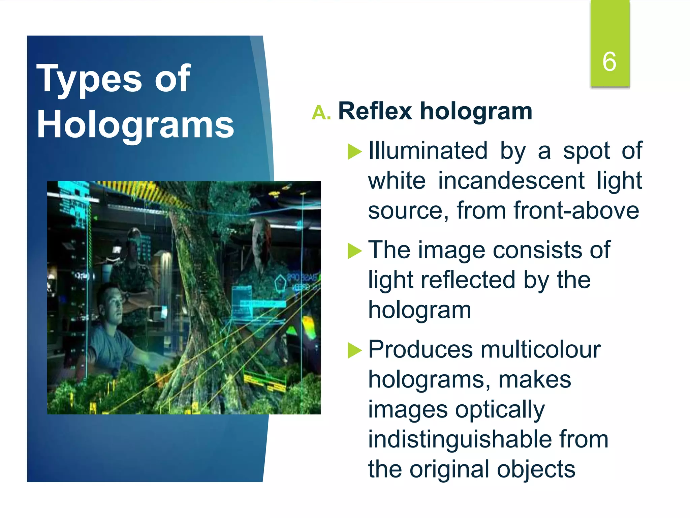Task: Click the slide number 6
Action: (609, 62)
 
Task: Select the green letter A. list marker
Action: (321, 113)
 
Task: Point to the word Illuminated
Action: (428, 150)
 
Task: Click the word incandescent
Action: (511, 181)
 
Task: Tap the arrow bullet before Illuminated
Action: (354, 151)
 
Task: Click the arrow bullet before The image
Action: (354, 251)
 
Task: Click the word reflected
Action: (468, 280)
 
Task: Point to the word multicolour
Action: (541, 349)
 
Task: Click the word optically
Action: (500, 410)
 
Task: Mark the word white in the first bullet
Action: (397, 181)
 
